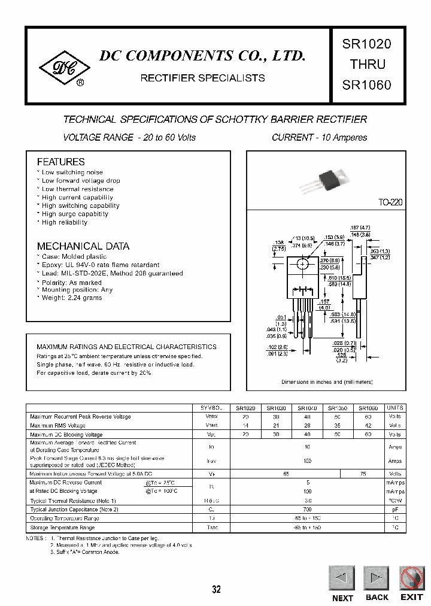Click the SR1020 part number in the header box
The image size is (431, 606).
(366, 44)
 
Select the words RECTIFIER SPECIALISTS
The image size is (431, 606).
(202, 78)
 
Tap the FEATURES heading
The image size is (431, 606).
(60, 162)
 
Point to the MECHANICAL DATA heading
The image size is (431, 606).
(83, 246)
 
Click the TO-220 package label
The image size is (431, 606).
(390, 202)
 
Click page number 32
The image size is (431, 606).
(216, 589)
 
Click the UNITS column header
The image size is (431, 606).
(395, 408)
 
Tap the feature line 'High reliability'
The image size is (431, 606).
(64, 222)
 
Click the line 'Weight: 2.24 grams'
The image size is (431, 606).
(71, 298)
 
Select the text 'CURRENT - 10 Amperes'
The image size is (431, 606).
(319, 138)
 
